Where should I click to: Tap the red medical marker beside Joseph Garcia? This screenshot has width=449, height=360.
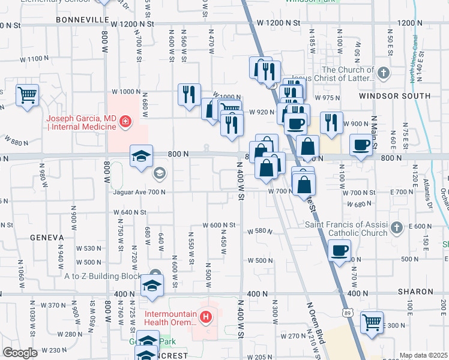(125, 122)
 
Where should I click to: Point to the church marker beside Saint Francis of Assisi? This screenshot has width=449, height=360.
(396, 228)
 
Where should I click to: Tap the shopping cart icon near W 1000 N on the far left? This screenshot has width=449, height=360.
(27, 95)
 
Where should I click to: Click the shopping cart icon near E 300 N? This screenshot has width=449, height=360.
(372, 322)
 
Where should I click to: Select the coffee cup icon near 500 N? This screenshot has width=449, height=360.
(340, 250)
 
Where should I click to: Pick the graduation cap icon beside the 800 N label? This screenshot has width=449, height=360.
(141, 157)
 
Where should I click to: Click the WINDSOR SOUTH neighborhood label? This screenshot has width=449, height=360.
(394, 96)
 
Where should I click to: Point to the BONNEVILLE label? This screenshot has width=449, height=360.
(80, 20)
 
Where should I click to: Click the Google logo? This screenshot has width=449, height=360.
(20, 353)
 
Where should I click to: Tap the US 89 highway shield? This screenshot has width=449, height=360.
(349, 313)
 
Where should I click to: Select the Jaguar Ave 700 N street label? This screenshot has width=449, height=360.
(139, 192)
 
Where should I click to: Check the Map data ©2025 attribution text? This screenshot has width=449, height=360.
(423, 355)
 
